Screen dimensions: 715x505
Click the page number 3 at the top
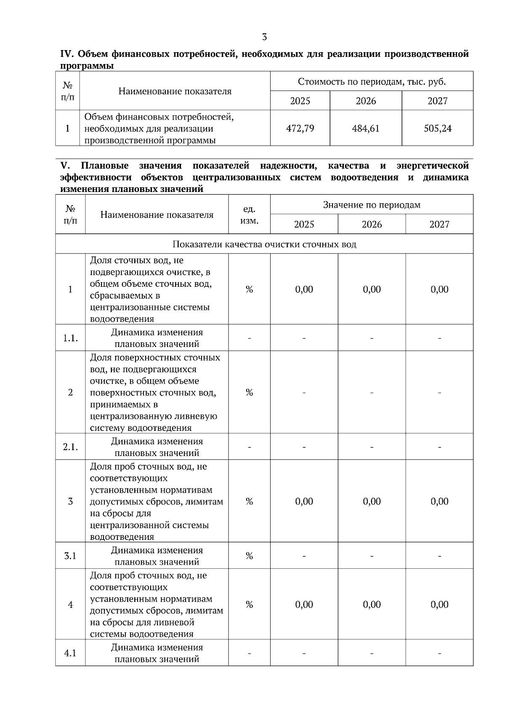264,37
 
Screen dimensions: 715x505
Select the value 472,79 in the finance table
300,128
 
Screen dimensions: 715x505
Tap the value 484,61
366,128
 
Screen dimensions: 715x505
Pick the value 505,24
438,128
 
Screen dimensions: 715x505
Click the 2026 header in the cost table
366,101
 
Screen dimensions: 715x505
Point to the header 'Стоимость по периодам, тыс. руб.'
372,82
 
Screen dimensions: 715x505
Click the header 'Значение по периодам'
372,205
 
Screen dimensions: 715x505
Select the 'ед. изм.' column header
249,215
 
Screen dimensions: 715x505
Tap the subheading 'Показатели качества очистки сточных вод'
264,245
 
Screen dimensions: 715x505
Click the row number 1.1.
70,338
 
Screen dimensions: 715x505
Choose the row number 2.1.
70,447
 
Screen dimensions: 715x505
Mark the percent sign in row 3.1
249,556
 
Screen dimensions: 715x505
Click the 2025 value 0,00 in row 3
304,502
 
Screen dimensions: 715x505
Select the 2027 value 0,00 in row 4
439,605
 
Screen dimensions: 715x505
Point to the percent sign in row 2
249,392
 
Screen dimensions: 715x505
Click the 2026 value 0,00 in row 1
372,290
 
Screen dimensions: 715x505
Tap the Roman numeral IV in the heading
67,54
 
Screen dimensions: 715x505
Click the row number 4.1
70,653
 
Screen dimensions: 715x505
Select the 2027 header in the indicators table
439,224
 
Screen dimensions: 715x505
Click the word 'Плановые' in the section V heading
105,166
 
